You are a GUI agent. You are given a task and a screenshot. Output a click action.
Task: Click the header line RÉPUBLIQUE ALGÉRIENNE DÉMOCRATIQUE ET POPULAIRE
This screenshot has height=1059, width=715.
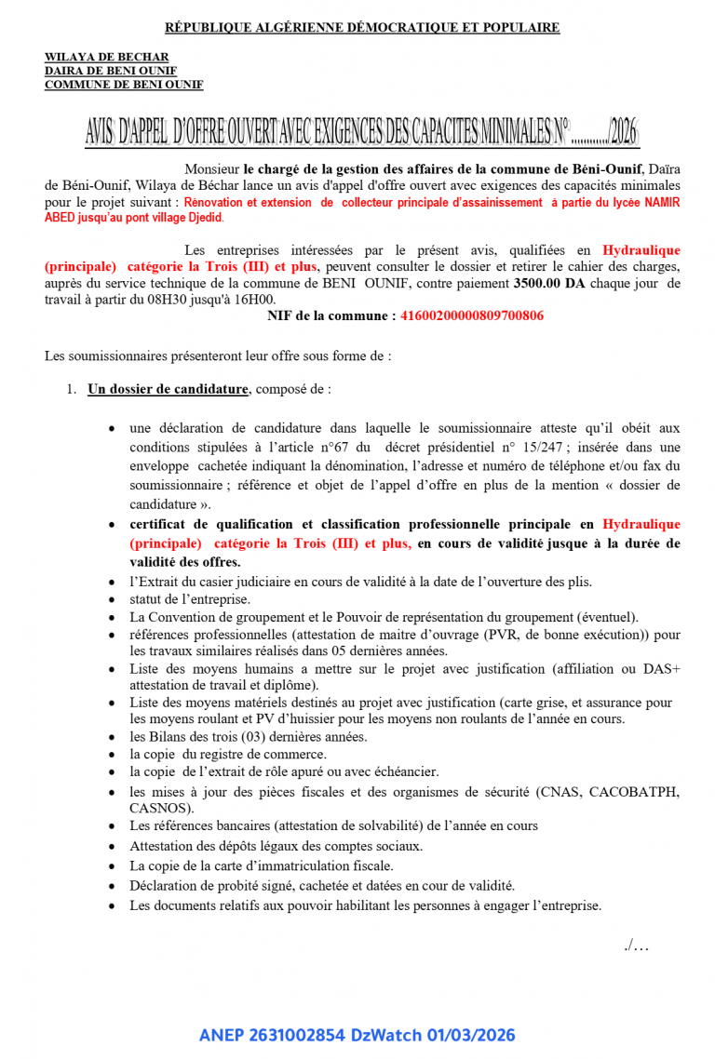[x=362, y=28]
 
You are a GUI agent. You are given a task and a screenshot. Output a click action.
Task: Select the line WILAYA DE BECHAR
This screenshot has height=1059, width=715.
[x=107, y=58]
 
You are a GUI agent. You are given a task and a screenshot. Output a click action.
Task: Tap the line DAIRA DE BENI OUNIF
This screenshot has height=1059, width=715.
[x=111, y=71]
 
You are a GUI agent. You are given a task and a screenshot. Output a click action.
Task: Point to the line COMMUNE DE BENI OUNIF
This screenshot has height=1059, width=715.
[x=124, y=85]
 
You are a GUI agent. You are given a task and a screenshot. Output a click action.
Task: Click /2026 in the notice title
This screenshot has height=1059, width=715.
[x=623, y=134]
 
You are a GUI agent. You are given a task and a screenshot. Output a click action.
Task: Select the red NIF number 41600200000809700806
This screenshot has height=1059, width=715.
[x=472, y=316]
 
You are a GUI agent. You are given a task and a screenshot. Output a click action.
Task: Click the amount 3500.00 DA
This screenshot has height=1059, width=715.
[x=549, y=283]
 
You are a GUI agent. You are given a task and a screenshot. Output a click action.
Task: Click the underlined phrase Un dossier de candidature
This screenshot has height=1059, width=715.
[x=168, y=390]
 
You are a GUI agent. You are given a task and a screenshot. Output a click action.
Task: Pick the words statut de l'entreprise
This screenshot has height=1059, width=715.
[x=190, y=599]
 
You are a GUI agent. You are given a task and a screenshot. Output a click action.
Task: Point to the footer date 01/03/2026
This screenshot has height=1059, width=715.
[x=470, y=1035]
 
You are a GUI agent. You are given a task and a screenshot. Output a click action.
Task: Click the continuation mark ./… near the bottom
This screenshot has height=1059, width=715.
[x=637, y=945]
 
